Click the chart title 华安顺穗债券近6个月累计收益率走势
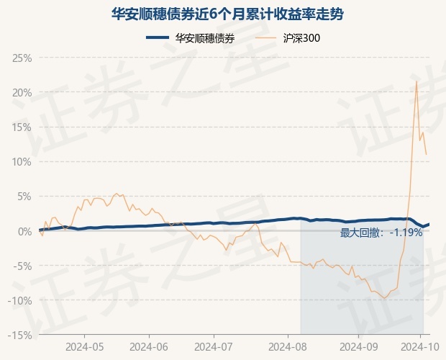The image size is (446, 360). click(227, 14)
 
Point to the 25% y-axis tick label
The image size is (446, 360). click(22, 58)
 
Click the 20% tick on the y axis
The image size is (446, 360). click(22, 93)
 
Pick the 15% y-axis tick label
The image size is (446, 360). click(22, 127)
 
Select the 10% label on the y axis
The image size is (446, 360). click(22, 162)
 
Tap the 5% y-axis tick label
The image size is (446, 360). click(24, 197)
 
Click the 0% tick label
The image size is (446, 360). click(24, 231)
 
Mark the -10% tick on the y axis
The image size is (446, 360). click(19, 300)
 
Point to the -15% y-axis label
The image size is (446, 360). click(19, 336)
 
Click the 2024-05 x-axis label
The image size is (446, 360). click(84, 347)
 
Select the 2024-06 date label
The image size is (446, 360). click(149, 347)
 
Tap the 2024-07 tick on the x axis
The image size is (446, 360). click(214, 347)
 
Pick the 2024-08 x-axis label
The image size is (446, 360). click(288, 347)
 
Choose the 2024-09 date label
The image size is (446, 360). click(359, 347)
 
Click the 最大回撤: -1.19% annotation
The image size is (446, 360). click(381, 233)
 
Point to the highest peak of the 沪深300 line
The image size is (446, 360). click(417, 81)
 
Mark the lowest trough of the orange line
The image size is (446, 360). click(385, 298)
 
